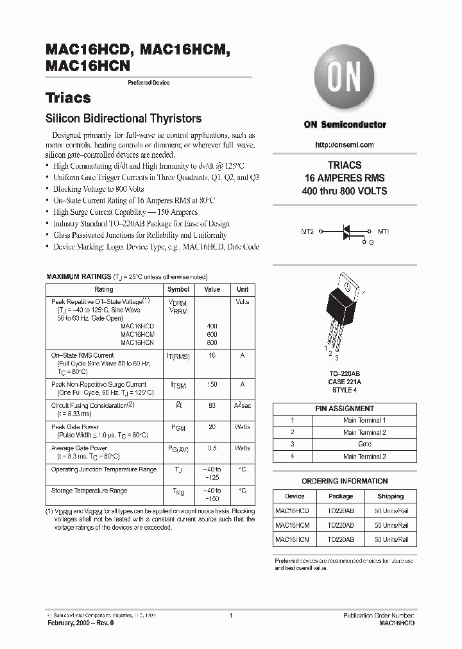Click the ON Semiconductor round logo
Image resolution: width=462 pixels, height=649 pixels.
[345, 80]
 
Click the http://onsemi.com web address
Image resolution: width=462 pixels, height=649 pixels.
[345, 145]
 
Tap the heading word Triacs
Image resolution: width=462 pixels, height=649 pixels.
[68, 98]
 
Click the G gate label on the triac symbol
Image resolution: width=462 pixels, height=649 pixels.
[370, 243]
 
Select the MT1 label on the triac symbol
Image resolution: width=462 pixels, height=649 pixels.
[384, 231]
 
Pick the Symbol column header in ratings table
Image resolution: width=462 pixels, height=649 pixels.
[178, 289]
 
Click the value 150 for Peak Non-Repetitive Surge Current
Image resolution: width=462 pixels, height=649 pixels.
[212, 385]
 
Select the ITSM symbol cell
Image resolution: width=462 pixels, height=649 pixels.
[178, 385]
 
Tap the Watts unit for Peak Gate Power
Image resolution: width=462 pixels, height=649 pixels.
[243, 427]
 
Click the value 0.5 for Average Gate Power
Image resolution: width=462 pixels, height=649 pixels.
[212, 448]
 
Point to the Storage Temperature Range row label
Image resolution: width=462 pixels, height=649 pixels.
[89, 491]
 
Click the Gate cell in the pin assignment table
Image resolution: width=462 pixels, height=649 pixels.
[364, 444]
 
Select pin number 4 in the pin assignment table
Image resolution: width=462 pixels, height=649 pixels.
[293, 457]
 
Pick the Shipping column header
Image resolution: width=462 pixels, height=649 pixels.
[390, 496]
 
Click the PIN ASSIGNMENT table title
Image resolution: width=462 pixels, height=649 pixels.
[345, 409]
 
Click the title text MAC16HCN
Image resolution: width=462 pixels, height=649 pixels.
[88, 65]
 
